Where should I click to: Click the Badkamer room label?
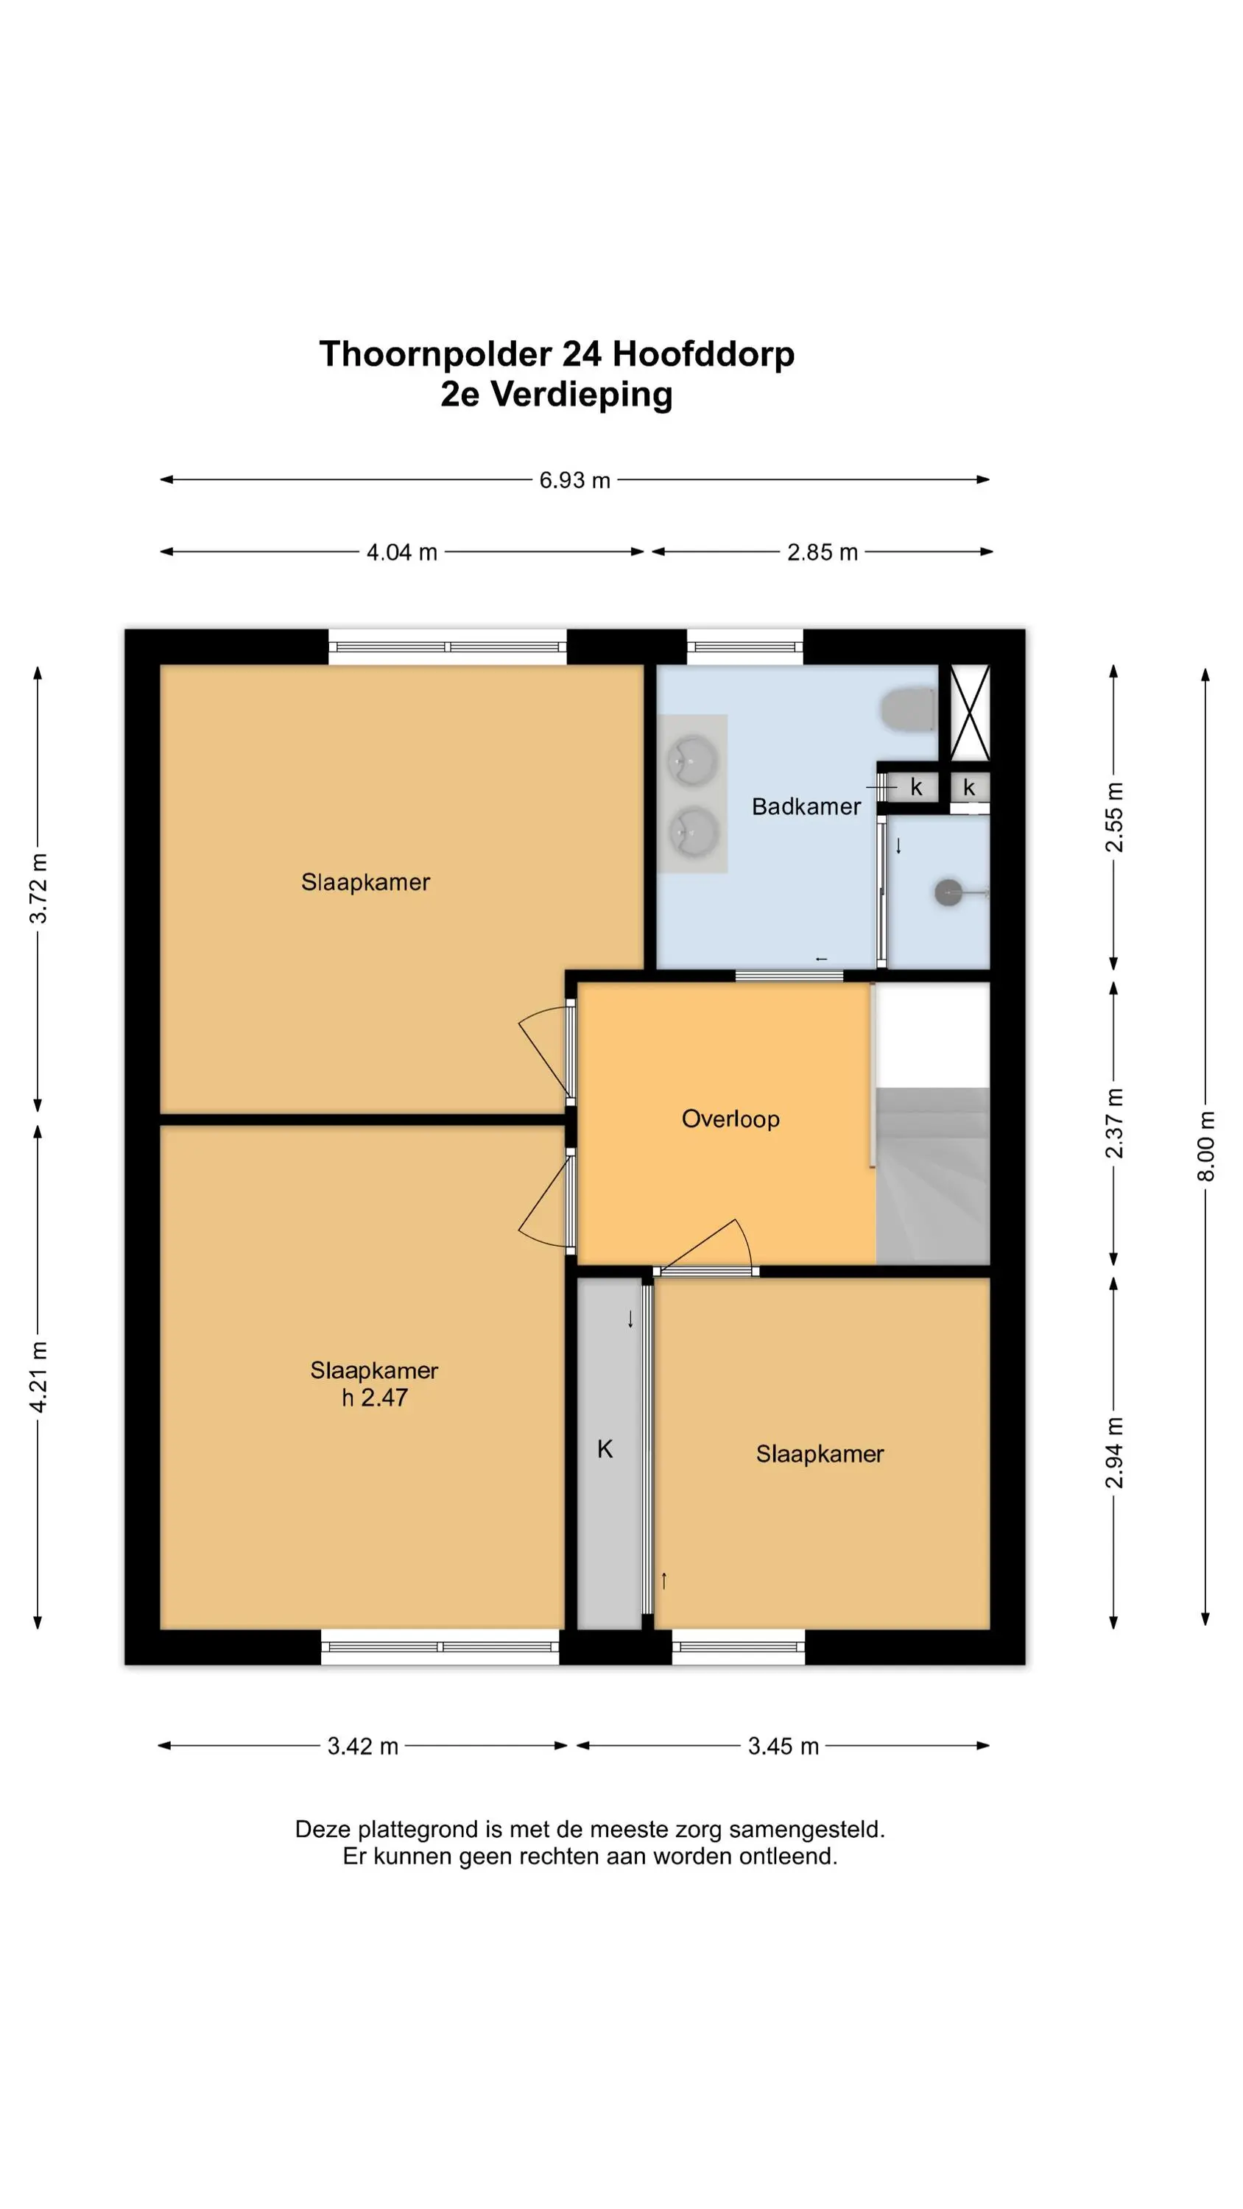[806, 806]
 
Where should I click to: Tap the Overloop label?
[730, 1119]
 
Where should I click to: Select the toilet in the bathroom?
[909, 709]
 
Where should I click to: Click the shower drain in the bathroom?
[948, 892]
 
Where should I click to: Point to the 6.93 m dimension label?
[574, 480]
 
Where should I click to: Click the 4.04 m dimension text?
[401, 552]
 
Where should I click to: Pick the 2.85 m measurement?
[822, 552]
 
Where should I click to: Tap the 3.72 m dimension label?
[38, 887]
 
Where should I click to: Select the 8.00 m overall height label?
[1205, 1146]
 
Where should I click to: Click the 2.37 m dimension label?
[1113, 1124]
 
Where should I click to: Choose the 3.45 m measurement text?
[784, 1746]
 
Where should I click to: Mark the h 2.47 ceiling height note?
[374, 1397]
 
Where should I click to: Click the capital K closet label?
[605, 1449]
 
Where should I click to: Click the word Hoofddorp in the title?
[703, 353]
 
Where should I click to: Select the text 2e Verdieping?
[557, 395]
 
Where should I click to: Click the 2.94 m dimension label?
[1113, 1453]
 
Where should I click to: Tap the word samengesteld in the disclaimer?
[807, 1829]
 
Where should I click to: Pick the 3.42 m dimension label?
[363, 1746]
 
